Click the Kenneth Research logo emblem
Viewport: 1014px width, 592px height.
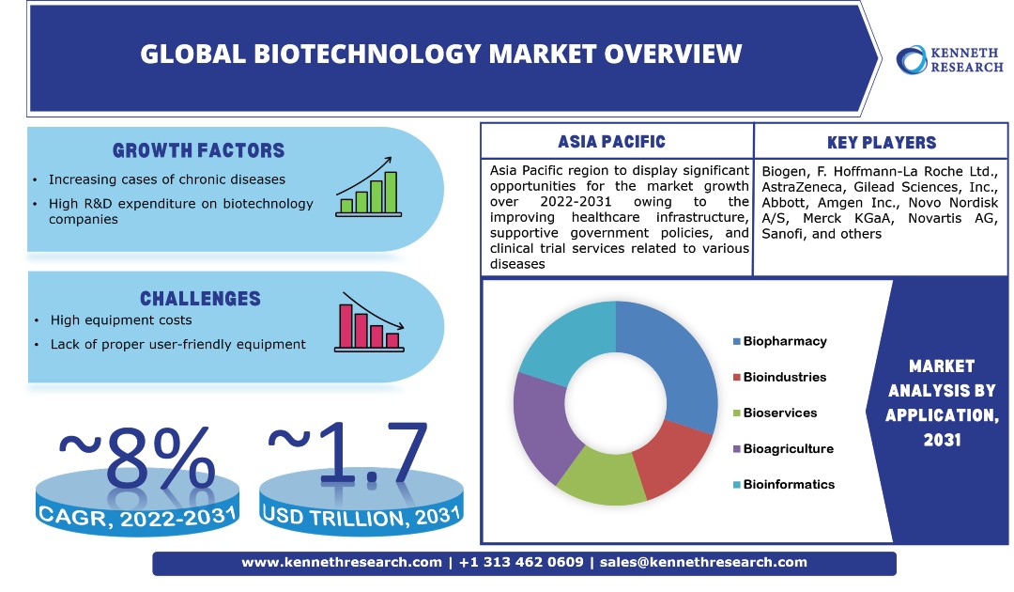click(912, 59)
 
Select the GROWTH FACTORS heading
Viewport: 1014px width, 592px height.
click(198, 150)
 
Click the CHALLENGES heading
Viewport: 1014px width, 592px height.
click(200, 299)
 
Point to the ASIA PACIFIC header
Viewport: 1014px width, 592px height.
click(611, 142)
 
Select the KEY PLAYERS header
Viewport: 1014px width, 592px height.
click(882, 143)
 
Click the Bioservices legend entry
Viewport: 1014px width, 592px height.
click(779, 413)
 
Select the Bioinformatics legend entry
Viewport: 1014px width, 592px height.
click(788, 484)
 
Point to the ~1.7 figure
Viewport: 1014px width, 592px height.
click(349, 455)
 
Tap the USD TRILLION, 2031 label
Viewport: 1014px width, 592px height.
click(361, 514)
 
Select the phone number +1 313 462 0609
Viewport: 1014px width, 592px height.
click(521, 562)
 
